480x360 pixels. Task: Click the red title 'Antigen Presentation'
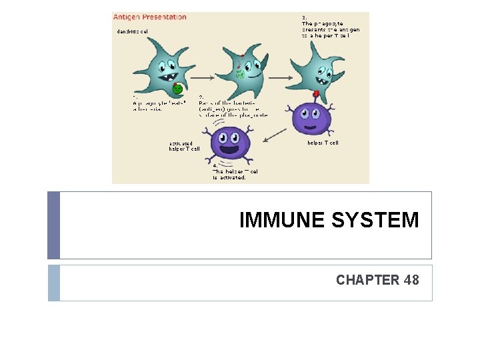150,17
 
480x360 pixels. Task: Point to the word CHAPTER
367,280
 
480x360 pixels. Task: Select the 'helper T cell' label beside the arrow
323,143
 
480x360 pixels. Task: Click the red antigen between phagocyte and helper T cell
315,94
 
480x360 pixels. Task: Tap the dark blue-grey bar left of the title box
54,225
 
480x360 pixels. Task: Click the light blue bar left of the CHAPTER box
54,283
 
